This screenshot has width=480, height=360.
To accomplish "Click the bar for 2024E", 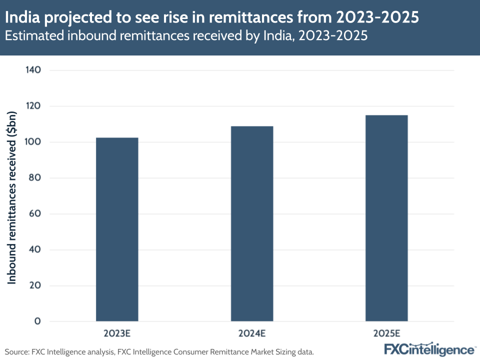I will [252, 223].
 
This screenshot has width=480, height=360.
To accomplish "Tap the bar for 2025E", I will [386, 218].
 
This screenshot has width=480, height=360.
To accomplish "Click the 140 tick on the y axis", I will [32, 70].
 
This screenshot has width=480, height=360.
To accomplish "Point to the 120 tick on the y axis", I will [32, 106].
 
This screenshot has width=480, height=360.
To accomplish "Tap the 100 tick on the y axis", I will [32, 142].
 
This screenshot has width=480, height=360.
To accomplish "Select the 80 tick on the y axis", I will [34, 178].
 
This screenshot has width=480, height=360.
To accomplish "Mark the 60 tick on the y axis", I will [34, 214].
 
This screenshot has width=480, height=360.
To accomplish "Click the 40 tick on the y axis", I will [34, 250].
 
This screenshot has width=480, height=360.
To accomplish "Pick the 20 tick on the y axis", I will [34, 286].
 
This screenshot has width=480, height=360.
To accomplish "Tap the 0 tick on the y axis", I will [37, 321].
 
